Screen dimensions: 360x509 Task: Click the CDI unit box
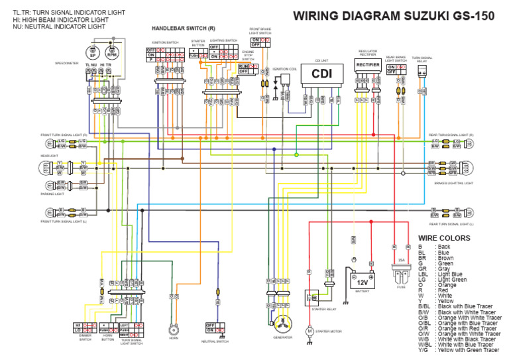click(321, 74)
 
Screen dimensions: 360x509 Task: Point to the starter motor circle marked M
click(309, 330)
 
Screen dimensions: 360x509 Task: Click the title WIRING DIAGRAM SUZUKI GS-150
click(384, 16)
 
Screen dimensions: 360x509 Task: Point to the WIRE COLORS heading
click(443, 237)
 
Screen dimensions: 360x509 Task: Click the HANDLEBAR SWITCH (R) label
click(183, 29)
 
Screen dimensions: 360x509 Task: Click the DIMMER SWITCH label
click(85, 339)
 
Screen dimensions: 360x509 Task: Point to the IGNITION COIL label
click(284, 68)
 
